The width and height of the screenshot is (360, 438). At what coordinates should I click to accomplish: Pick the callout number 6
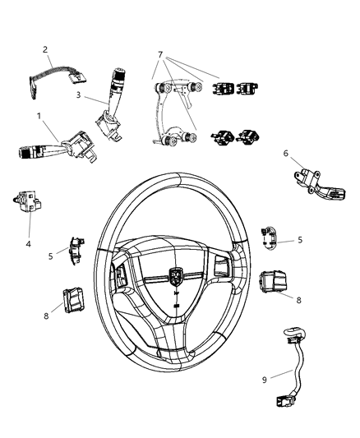pyautogui.click(x=309, y=153)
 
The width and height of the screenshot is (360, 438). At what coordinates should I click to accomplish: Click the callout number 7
pyautogui.click(x=161, y=55)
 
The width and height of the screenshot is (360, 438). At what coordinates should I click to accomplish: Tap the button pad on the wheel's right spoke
pyautogui.click(x=222, y=266)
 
